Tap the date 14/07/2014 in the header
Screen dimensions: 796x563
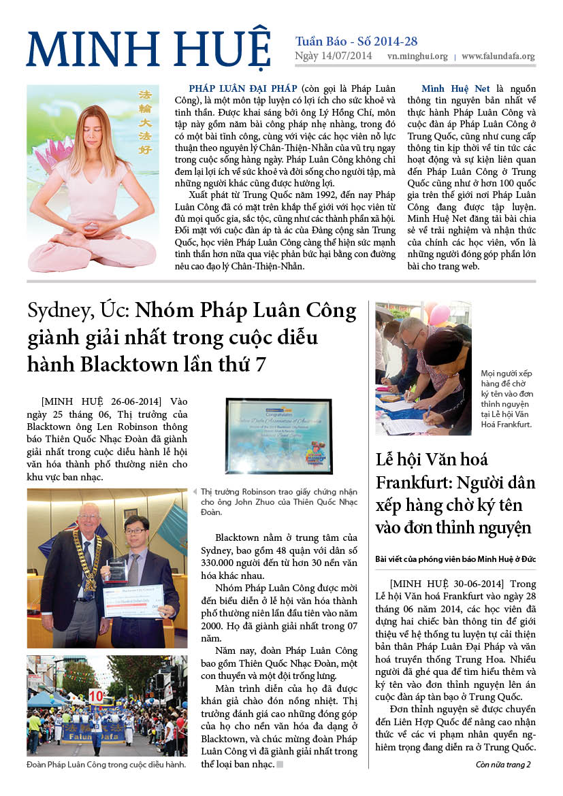[347, 56]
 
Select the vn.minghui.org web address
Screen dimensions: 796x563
[417, 57]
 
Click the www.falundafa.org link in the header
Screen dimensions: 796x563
[498, 57]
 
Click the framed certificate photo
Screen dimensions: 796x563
[278, 435]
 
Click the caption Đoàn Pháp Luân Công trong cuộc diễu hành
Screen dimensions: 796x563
[106, 765]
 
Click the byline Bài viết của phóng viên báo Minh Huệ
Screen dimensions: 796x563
[451, 559]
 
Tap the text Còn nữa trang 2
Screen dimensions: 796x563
[502, 764]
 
